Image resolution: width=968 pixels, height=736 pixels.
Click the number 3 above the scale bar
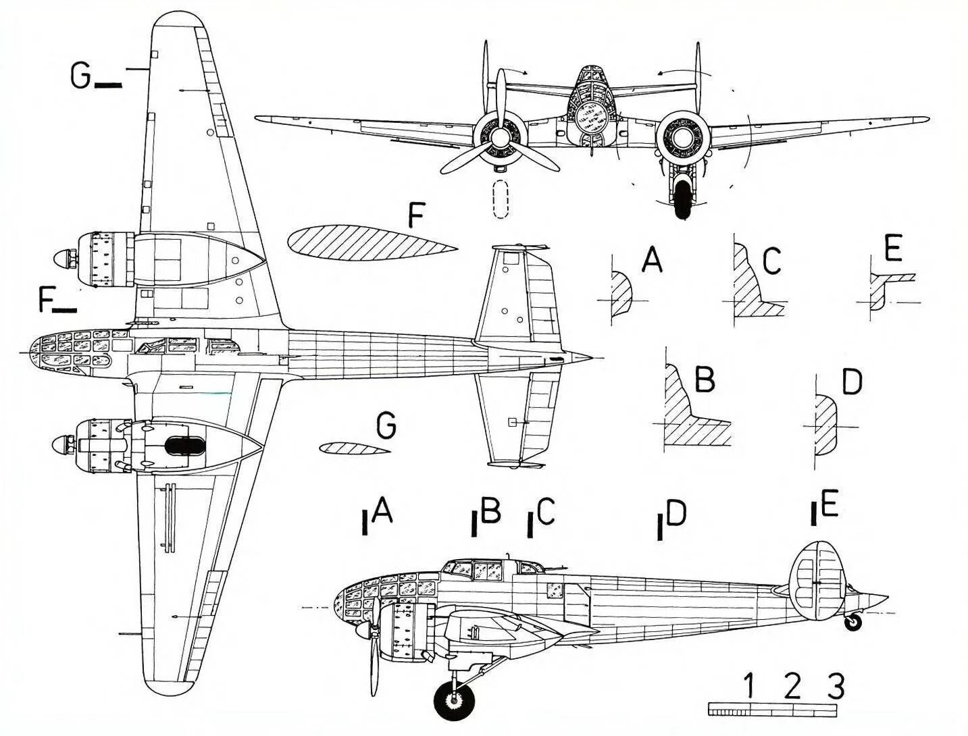pos(835,687)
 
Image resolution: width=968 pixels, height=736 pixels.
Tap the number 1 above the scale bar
pos(748,687)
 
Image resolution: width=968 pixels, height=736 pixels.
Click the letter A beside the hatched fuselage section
pos(651,260)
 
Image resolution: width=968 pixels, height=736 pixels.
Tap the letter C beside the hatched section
pos(771,261)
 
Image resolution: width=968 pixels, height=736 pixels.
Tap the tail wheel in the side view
pos(854,623)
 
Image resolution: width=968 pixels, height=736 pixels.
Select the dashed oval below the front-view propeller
pos(500,200)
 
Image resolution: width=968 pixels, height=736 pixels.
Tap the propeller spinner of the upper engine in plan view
pos(64,258)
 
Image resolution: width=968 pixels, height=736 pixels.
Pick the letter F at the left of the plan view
pos(47,300)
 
